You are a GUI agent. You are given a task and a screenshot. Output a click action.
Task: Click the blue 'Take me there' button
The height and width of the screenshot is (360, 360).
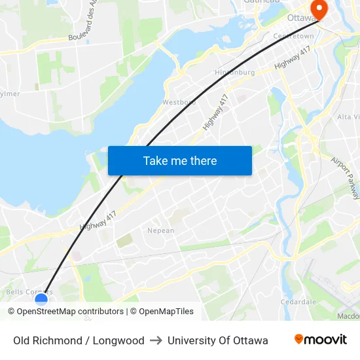[179, 160]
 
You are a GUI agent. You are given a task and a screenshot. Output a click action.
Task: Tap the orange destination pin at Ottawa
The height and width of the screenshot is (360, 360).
[319, 10]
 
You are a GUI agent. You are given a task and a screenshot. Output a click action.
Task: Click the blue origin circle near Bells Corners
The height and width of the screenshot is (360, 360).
[41, 300]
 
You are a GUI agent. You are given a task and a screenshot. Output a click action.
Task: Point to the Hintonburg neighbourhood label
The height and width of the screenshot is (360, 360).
[234, 73]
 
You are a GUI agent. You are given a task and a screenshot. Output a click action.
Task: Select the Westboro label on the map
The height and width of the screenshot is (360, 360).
[179, 102]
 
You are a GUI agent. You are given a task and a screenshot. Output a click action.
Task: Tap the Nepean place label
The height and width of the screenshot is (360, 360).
[160, 230]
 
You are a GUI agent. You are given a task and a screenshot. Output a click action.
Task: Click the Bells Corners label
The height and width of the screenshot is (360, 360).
[29, 291]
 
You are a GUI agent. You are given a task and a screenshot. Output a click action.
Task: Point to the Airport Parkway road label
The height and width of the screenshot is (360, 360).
[345, 177]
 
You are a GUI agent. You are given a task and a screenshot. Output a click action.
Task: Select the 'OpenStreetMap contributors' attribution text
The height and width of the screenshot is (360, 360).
[70, 312]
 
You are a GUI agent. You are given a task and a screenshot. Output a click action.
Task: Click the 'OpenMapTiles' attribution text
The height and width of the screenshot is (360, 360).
[166, 312]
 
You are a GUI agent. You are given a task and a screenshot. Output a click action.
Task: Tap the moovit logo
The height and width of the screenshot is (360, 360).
[320, 340]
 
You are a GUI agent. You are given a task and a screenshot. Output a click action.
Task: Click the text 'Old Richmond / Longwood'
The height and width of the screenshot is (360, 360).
[79, 340]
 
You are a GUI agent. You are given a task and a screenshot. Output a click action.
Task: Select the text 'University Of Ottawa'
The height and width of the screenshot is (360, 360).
[217, 340]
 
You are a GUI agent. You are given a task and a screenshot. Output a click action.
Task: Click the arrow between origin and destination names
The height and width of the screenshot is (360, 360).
[156, 340]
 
